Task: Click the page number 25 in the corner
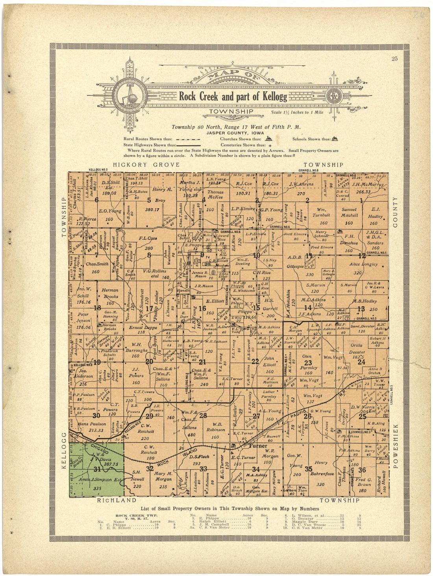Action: click(394, 59)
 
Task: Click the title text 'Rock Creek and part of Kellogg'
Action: click(233, 96)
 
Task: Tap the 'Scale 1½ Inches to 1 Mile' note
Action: click(297, 113)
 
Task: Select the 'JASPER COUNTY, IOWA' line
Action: click(233, 133)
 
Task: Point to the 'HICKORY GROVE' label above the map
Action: click(146, 165)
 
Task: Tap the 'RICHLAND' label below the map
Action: click(117, 500)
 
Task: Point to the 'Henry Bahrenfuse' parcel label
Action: click(321, 468)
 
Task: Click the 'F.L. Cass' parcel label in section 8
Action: click(148, 238)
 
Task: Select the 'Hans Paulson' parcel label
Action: click(92, 427)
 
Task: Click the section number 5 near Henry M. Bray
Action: click(149, 200)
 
